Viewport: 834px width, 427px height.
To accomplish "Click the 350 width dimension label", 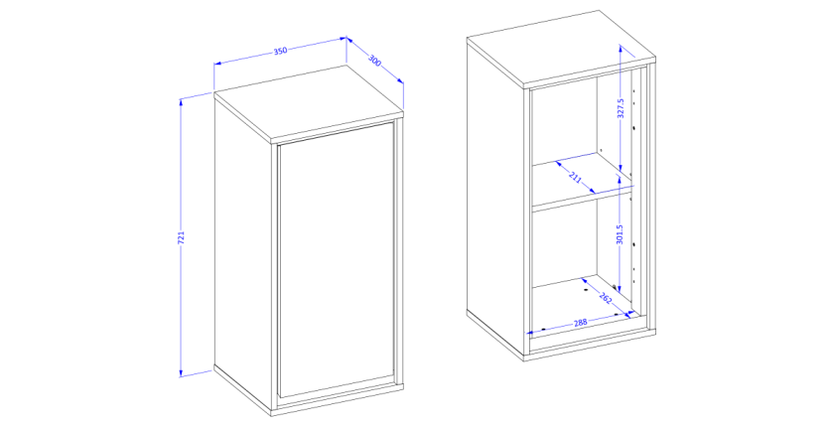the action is pyautogui.click(x=280, y=51).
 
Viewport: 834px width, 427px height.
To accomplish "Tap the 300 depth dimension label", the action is pyautogui.click(x=375, y=62).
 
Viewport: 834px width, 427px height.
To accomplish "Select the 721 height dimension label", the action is pyautogui.click(x=181, y=237).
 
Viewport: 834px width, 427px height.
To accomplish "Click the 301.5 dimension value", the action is pyautogui.click(x=620, y=234).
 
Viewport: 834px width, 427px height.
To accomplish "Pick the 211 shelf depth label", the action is pyautogui.click(x=575, y=176).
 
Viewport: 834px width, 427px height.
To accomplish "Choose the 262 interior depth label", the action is pyautogui.click(x=606, y=298).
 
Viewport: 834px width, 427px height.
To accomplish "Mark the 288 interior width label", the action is pyautogui.click(x=580, y=323).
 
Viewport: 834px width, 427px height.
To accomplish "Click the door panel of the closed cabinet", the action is pyautogui.click(x=337, y=259).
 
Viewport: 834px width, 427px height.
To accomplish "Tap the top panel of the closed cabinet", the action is pyautogui.click(x=309, y=104).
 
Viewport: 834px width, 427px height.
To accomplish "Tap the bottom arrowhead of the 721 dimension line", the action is pyautogui.click(x=182, y=372).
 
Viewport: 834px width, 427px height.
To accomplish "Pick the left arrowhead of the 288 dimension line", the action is pyautogui.click(x=530, y=333).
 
